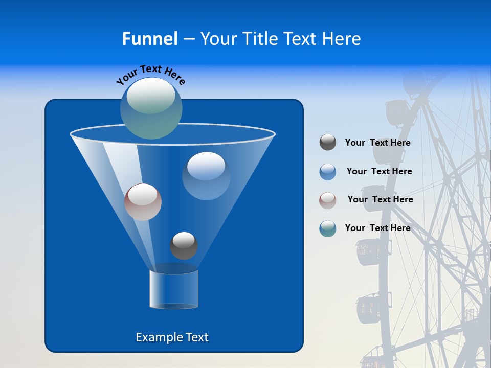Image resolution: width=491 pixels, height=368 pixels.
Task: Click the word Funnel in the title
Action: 149,39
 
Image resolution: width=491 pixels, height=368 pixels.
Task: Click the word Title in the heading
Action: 260,39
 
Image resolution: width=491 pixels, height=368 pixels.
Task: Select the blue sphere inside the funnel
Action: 206,176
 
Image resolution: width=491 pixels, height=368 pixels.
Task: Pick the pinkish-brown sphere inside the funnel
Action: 143,202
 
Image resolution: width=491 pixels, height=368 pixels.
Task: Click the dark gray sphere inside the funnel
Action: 184,246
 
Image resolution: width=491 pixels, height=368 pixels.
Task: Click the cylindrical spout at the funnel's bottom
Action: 174,289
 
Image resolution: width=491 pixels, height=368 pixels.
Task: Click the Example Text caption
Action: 172,337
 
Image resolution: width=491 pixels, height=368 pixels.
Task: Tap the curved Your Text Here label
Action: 150,74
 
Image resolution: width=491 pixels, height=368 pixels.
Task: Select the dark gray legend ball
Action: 328,143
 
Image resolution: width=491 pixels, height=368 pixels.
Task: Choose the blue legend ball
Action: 328,171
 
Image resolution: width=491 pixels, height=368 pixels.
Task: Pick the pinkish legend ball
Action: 328,200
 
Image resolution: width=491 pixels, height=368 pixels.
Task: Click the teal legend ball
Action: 328,228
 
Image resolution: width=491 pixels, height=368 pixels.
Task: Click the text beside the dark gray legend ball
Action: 377,143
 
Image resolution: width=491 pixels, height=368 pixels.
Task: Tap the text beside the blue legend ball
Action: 379,172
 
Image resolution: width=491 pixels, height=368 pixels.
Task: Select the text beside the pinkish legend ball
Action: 380,200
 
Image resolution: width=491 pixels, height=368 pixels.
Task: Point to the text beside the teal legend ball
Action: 377,228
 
